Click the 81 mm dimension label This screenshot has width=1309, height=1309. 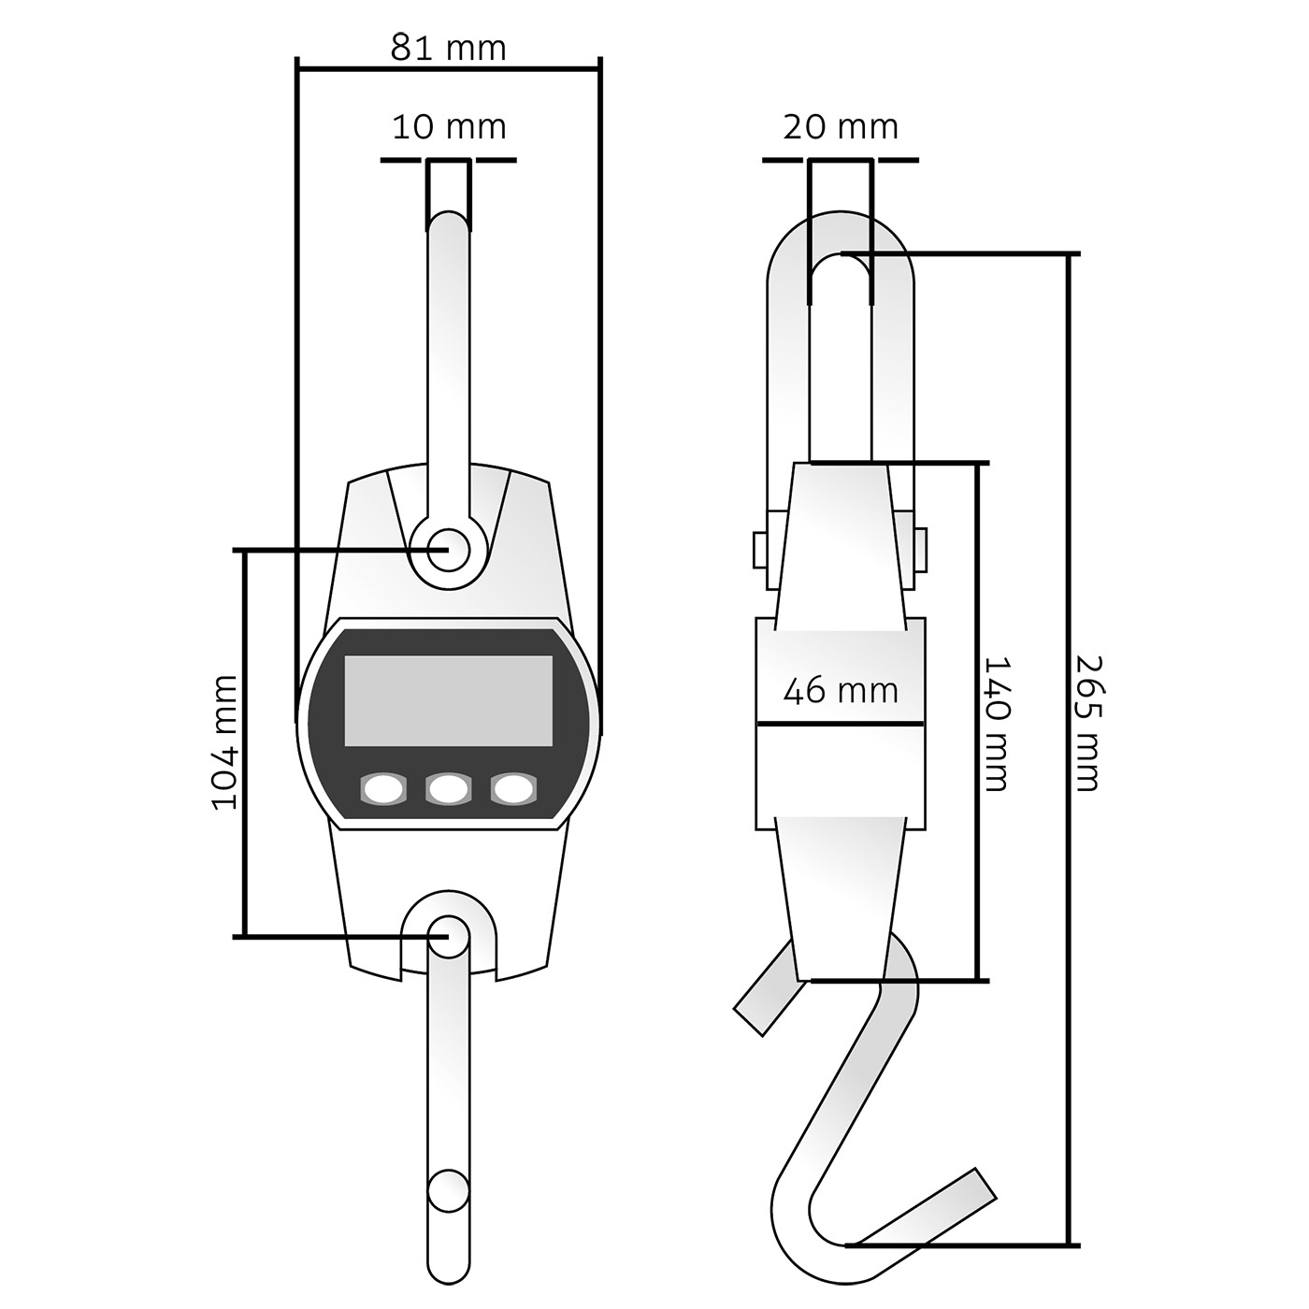(449, 49)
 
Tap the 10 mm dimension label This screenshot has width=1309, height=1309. (449, 127)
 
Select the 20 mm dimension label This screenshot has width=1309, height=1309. (841, 127)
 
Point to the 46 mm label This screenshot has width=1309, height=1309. (841, 691)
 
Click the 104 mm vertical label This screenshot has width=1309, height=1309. (224, 742)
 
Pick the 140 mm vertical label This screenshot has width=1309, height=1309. (998, 724)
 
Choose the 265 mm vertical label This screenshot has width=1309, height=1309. (1088, 724)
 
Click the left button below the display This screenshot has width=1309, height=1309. (382, 789)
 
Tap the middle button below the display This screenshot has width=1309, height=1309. (448, 789)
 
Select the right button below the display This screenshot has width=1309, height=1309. (513, 789)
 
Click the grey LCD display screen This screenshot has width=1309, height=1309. (449, 701)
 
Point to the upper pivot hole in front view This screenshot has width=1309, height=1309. (449, 549)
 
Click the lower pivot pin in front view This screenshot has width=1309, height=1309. (449, 936)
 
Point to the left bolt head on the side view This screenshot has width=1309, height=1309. (761, 550)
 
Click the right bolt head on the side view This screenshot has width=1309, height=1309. (920, 550)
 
